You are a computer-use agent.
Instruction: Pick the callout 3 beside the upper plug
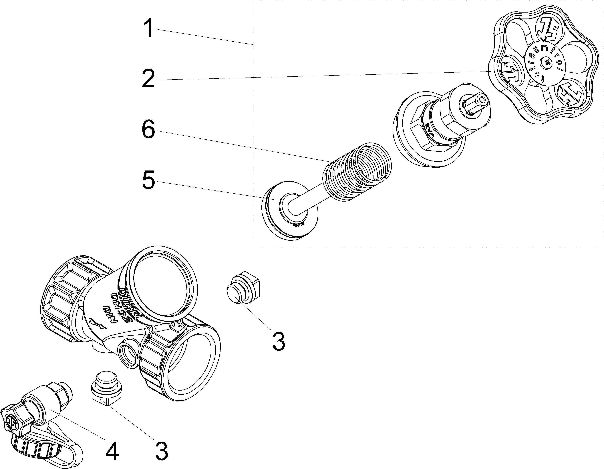(279, 342)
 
